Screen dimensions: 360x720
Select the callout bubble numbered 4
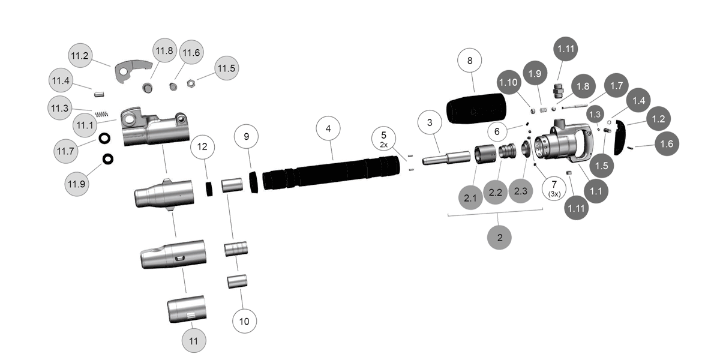328,129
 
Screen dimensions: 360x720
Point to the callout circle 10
244,321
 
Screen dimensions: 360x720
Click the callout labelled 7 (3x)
554,188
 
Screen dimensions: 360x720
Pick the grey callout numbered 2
500,237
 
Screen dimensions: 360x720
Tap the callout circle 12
203,147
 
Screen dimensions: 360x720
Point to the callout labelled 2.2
496,193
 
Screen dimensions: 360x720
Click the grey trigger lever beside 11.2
131,70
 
